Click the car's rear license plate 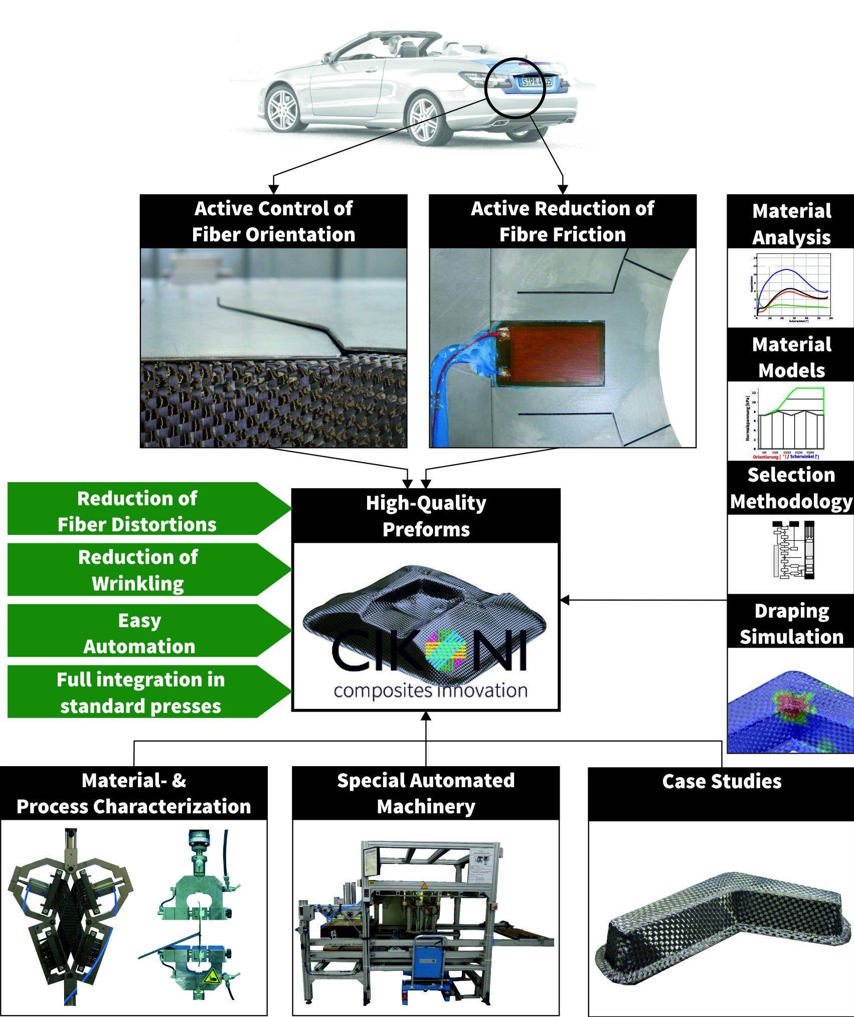click(x=536, y=81)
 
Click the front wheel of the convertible click(x=282, y=108)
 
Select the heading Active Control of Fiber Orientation click(x=273, y=221)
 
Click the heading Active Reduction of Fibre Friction click(x=562, y=221)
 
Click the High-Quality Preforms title click(x=426, y=516)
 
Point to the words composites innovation click(x=430, y=690)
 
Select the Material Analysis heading click(x=791, y=224)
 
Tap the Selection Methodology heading click(x=791, y=488)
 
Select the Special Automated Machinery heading click(x=426, y=793)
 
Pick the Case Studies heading click(x=721, y=781)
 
